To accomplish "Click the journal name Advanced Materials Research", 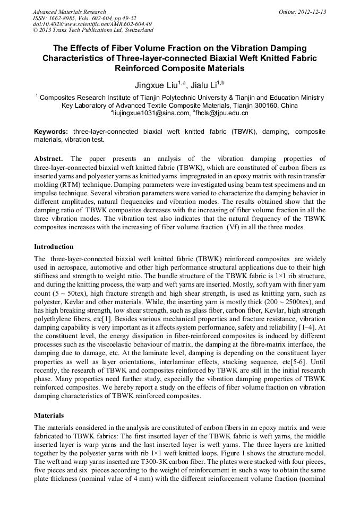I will tap(69, 12).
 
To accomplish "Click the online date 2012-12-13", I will tap(312, 12).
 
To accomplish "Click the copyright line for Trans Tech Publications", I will tap(93, 30).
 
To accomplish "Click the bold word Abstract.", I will tap(49, 159).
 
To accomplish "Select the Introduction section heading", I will tap(54, 247).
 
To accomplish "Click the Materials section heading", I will tap(49, 415).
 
